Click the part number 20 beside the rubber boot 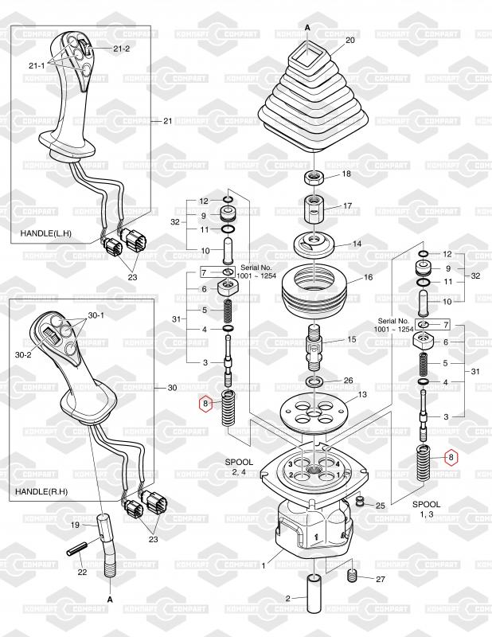tap(349, 40)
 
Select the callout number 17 tap(348, 205)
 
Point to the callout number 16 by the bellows tap(368, 279)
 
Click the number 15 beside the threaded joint tap(352, 340)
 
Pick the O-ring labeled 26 tap(315, 383)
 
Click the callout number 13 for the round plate tap(361, 395)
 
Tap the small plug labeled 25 tap(360, 502)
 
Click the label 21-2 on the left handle tap(122, 49)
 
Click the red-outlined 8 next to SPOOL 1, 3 tap(452, 457)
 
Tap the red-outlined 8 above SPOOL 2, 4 tap(205, 404)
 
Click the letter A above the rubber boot tap(307, 26)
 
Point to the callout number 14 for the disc tap(357, 244)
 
